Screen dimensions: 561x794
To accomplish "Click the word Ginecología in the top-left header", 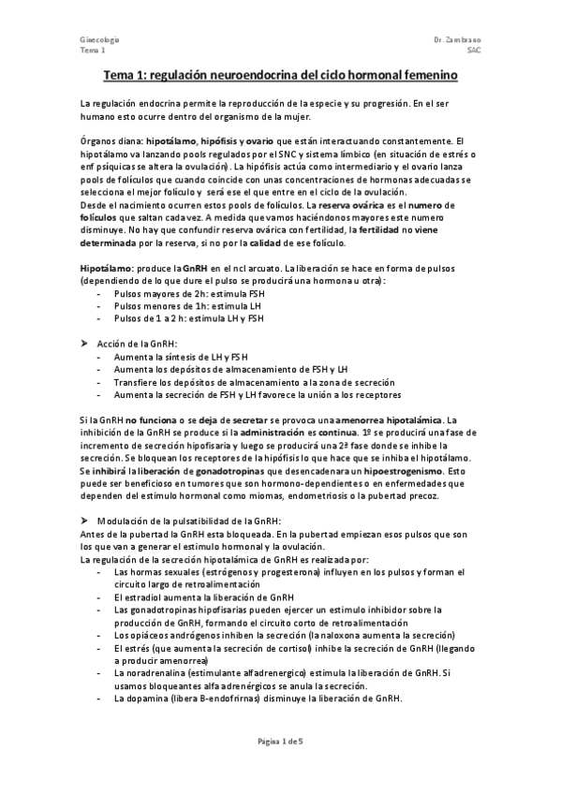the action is [x=98, y=40].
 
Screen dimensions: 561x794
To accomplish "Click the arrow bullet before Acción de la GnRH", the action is [x=84, y=344].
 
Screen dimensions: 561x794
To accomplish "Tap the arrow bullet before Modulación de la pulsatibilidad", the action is [x=84, y=519].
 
